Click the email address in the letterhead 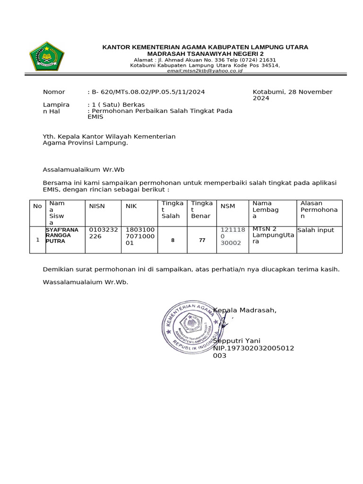[206, 70]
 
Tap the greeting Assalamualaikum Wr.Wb [84, 169]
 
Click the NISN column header [97, 206]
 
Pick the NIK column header [131, 206]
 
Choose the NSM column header [228, 206]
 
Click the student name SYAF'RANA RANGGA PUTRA [62, 235]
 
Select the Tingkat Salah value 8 [173, 240]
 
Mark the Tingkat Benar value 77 [202, 240]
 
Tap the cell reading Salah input [316, 230]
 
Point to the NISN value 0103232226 [102, 233]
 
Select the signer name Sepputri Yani [237, 341]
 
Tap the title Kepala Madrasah [245, 310]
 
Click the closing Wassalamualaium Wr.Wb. [86, 282]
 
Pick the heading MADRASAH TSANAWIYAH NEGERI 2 [206, 54]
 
